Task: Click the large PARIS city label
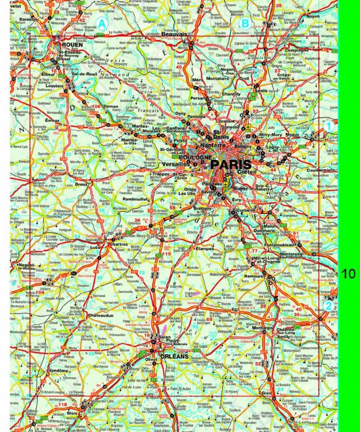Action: click(231, 164)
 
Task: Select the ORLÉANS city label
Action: click(173, 357)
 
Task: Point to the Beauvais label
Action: click(174, 34)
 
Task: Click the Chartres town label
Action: click(118, 244)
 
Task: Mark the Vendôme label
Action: click(58, 371)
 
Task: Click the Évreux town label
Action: click(52, 120)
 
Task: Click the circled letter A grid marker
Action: click(103, 23)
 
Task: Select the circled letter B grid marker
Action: click(245, 23)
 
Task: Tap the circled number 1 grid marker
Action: click(327, 126)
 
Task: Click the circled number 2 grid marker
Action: click(328, 306)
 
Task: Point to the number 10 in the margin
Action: click(349, 273)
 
